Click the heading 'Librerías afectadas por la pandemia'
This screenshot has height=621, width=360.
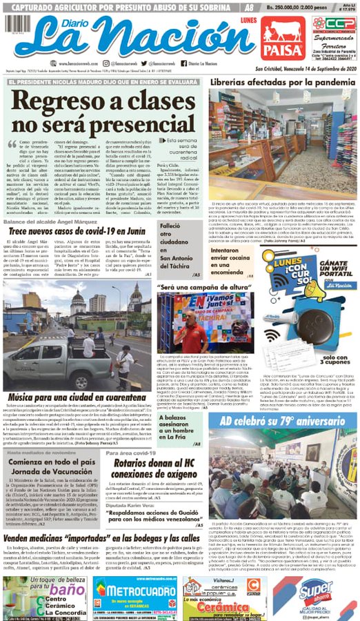pyautogui.click(x=283, y=82)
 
